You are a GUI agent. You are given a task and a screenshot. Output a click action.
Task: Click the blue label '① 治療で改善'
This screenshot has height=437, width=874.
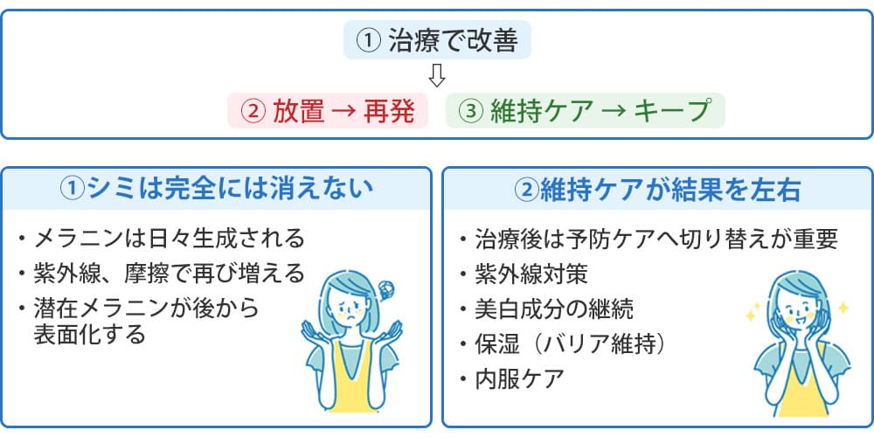[437, 41]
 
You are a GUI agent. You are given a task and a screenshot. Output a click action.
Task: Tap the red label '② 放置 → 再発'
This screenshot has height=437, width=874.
[328, 111]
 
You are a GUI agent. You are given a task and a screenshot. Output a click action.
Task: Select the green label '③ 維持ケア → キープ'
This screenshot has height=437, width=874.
[586, 111]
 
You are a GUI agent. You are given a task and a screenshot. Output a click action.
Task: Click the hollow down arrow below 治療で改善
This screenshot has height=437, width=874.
[438, 76]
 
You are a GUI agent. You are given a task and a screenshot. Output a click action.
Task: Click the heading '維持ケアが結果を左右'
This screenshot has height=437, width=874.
[657, 188]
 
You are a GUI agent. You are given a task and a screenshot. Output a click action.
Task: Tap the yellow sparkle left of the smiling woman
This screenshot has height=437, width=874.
[751, 313]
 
